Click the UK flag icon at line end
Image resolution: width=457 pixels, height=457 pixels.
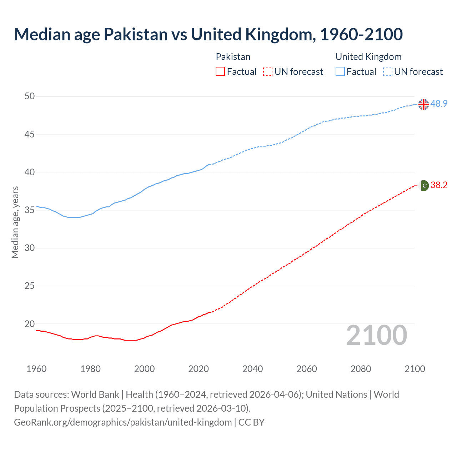423,104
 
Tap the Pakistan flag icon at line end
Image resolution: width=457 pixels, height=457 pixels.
423,186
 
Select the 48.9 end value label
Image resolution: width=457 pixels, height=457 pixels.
439,104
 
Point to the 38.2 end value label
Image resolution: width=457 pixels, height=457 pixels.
439,185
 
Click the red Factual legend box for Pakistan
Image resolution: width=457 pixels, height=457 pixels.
220,72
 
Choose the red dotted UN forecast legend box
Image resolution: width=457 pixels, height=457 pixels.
268,72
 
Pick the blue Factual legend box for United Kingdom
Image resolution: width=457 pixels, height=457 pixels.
340,72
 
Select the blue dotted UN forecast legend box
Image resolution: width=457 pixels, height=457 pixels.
387,72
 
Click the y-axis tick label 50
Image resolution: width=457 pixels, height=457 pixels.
30,96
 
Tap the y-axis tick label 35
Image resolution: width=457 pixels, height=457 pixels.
30,210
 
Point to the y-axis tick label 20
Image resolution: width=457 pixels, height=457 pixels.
30,324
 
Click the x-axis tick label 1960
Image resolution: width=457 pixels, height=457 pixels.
36,369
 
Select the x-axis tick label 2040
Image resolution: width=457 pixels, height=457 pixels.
252,369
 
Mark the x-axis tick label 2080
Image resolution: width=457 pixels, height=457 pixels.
361,369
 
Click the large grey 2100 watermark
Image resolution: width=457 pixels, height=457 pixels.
376,335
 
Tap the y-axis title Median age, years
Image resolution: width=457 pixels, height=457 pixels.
15,222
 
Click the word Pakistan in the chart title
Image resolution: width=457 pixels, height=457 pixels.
136,34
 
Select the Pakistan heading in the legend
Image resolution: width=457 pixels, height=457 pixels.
233,57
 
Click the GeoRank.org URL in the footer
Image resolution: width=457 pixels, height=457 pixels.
123,422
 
